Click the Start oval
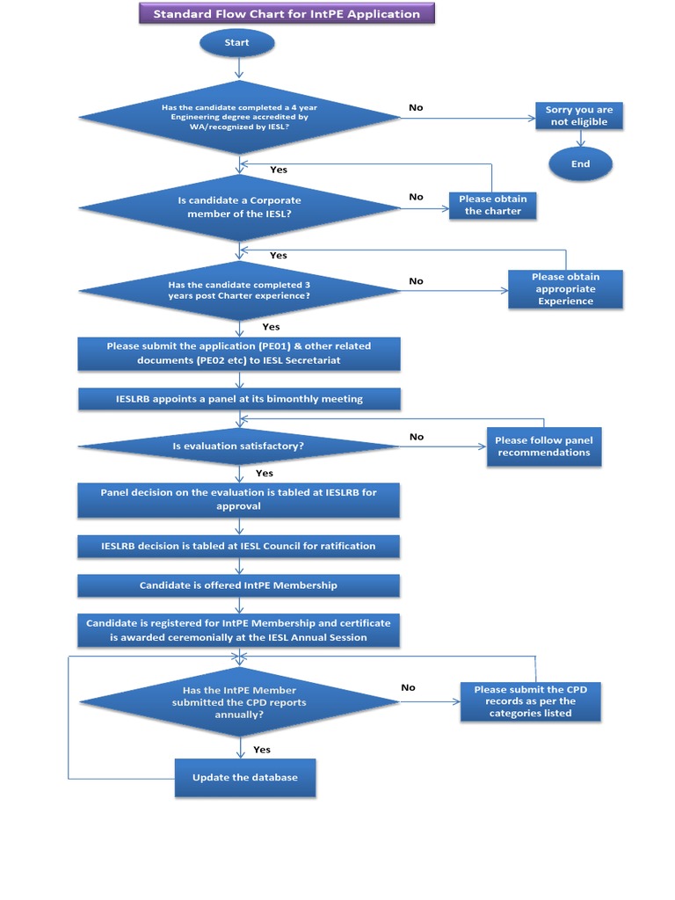(x=237, y=43)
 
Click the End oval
(x=580, y=164)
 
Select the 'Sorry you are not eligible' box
(x=578, y=116)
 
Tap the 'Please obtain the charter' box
(x=492, y=206)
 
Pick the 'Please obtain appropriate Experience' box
(x=565, y=289)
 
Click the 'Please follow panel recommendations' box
(x=543, y=446)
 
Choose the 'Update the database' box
(x=244, y=778)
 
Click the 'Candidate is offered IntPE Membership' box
(x=238, y=585)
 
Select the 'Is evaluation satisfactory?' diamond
(x=239, y=446)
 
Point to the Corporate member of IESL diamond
(x=239, y=207)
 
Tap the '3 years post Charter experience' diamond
(x=239, y=290)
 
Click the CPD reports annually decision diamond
(x=239, y=702)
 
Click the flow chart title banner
(x=287, y=14)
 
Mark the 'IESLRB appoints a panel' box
(x=239, y=399)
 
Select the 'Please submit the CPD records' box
(x=530, y=701)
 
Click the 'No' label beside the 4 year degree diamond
(x=416, y=107)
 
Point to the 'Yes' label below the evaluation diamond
(x=264, y=474)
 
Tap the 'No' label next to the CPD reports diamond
(x=408, y=687)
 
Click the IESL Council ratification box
(x=238, y=546)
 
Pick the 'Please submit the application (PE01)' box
(x=239, y=353)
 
